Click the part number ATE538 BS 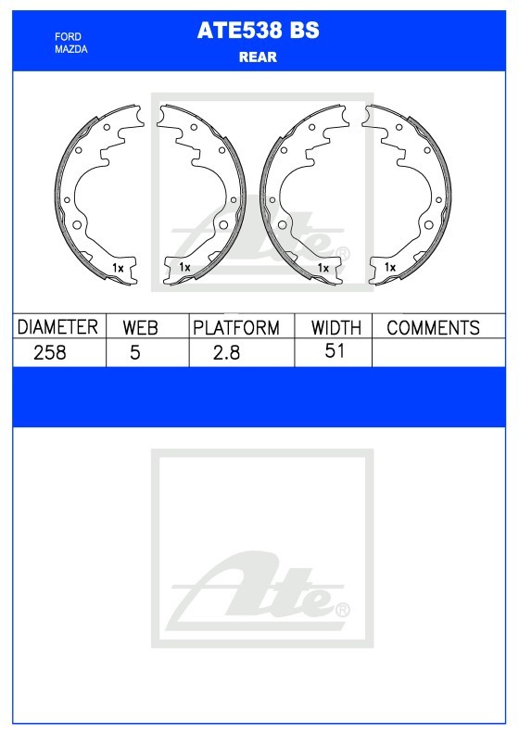pos(258,31)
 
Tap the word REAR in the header pos(258,57)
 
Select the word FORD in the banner pos(68,36)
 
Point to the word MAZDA pos(70,49)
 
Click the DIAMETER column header pos(57,327)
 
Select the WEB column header pos(140,327)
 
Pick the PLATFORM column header pos(236,327)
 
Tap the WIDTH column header pos(336,327)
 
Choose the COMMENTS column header pos(433,327)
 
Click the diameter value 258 pos(50,352)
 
